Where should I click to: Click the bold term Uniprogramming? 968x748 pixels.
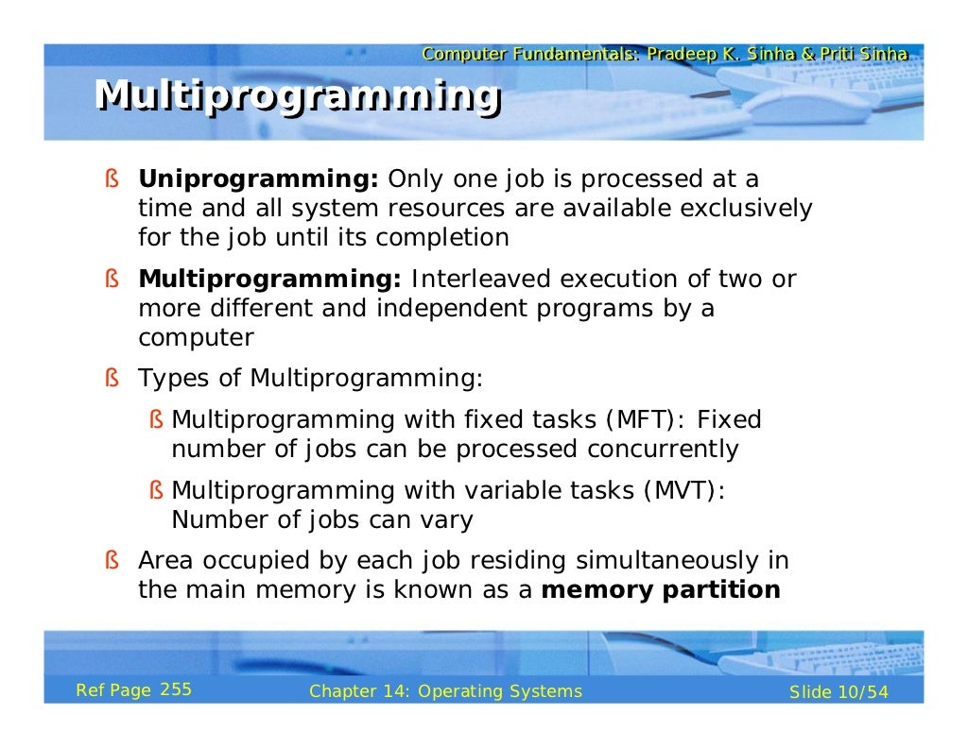(258, 178)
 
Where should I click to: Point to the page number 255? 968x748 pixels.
(176, 689)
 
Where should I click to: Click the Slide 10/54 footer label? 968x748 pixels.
(838, 692)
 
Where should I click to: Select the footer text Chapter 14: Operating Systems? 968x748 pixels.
(445, 691)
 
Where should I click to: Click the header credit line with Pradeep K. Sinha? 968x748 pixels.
(665, 55)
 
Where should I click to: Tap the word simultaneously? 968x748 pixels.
(662, 561)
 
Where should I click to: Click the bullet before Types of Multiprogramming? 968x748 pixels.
(112, 380)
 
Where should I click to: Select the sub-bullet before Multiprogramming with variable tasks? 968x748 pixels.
(156, 491)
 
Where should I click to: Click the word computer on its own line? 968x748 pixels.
(196, 338)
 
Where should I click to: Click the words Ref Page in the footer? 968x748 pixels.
(112, 690)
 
